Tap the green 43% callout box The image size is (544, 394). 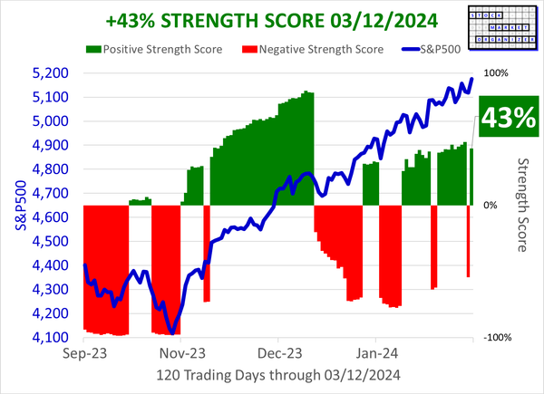507,119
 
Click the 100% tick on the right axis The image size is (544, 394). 498,73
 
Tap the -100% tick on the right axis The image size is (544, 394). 500,338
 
